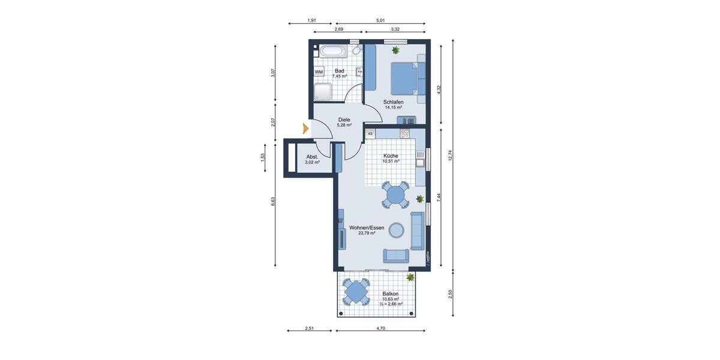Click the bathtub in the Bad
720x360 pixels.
pos(332,51)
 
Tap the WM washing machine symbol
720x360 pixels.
pos(319,72)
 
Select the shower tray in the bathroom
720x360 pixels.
pos(323,92)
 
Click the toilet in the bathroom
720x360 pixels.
pos(356,50)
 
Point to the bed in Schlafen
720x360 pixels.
pos(405,77)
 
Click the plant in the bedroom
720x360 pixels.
pos(395,50)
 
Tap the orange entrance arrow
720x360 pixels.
pos(305,128)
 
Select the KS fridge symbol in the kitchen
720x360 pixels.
pos(370,134)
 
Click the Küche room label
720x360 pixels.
pos(391,155)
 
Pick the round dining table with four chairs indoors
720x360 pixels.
pos(395,194)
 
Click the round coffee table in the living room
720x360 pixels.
pos(396,230)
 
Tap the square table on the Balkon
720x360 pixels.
pos(356,293)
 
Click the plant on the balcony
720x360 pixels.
pos(410,277)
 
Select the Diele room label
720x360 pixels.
pos(344,119)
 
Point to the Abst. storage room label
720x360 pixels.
pos(312,157)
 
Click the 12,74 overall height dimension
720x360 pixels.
pos(449,155)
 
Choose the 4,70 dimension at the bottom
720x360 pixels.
pos(380,328)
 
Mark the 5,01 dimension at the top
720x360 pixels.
pos(380,21)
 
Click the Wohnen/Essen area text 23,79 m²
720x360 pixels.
pos(367,233)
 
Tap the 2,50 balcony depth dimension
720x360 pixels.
pos(449,294)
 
